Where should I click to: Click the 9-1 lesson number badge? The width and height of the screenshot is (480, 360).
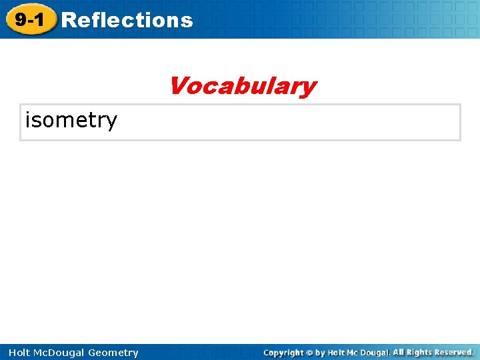(30, 20)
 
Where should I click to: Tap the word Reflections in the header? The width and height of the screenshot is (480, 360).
(127, 20)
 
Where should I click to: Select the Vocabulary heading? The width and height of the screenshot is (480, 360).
(242, 86)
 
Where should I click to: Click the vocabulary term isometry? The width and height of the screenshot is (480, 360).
(71, 120)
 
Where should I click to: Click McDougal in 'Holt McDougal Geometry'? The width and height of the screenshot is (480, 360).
(54, 353)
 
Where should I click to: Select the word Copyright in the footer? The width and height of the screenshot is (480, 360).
(283, 353)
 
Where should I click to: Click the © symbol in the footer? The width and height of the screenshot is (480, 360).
(310, 353)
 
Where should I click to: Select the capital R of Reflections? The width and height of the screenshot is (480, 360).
(67, 20)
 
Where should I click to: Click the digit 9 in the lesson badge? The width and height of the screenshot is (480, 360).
(21, 20)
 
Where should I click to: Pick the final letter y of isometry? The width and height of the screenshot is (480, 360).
(111, 121)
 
